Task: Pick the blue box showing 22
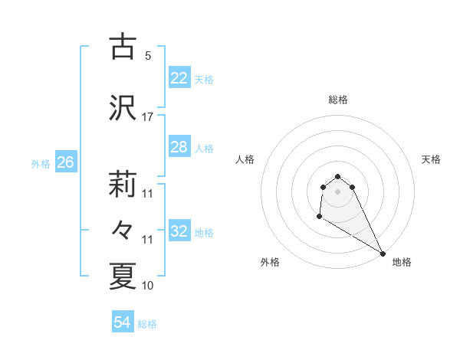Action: coord(179,78)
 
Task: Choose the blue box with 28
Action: coord(179,147)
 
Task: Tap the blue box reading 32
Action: coord(179,231)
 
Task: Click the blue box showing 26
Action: coord(65,162)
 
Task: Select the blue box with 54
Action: coord(122,322)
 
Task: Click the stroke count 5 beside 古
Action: coord(148,55)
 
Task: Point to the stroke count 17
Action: coord(148,116)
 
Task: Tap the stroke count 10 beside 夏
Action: coord(148,286)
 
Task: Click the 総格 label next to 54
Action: coord(147,324)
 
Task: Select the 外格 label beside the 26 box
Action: coord(41,163)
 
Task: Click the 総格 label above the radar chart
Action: coord(338,100)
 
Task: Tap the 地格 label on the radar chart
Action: coord(402,262)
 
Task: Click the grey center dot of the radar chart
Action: coord(338,191)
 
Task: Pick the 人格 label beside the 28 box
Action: coord(204,149)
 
